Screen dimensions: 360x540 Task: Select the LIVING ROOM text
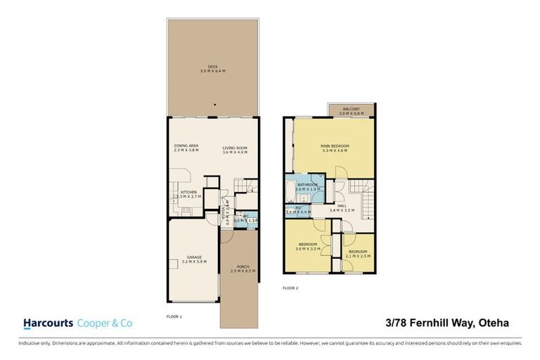[x=235, y=147]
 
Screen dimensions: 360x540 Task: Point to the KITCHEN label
[x=188, y=192]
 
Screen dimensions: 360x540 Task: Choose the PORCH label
[x=235, y=266]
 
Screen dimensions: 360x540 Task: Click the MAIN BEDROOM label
[x=334, y=145]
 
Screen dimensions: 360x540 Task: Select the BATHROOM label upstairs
[x=307, y=184]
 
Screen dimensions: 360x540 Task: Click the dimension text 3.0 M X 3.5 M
[x=309, y=249]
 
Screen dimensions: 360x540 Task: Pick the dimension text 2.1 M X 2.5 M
[x=358, y=256]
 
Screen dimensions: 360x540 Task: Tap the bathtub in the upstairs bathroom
[x=291, y=188]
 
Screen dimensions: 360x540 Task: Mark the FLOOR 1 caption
[x=174, y=316]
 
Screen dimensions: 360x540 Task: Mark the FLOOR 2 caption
[x=290, y=288]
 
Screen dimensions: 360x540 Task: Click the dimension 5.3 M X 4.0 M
[x=334, y=149]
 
